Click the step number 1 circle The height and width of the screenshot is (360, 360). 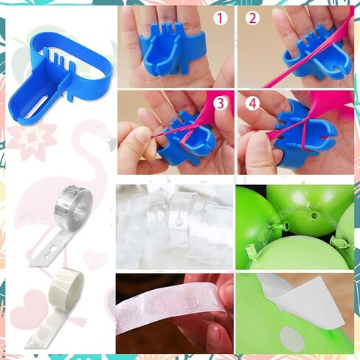[221, 18]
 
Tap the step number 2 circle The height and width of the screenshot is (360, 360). [253, 18]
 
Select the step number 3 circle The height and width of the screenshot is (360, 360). [221, 103]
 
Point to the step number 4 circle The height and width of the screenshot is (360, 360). [253, 103]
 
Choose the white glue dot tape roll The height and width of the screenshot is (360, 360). [59, 308]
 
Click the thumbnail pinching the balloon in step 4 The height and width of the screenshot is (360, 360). [260, 148]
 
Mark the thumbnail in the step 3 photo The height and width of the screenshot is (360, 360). [142, 135]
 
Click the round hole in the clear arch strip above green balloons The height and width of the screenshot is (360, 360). [314, 216]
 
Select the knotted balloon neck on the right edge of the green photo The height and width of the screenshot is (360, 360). [341, 242]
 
